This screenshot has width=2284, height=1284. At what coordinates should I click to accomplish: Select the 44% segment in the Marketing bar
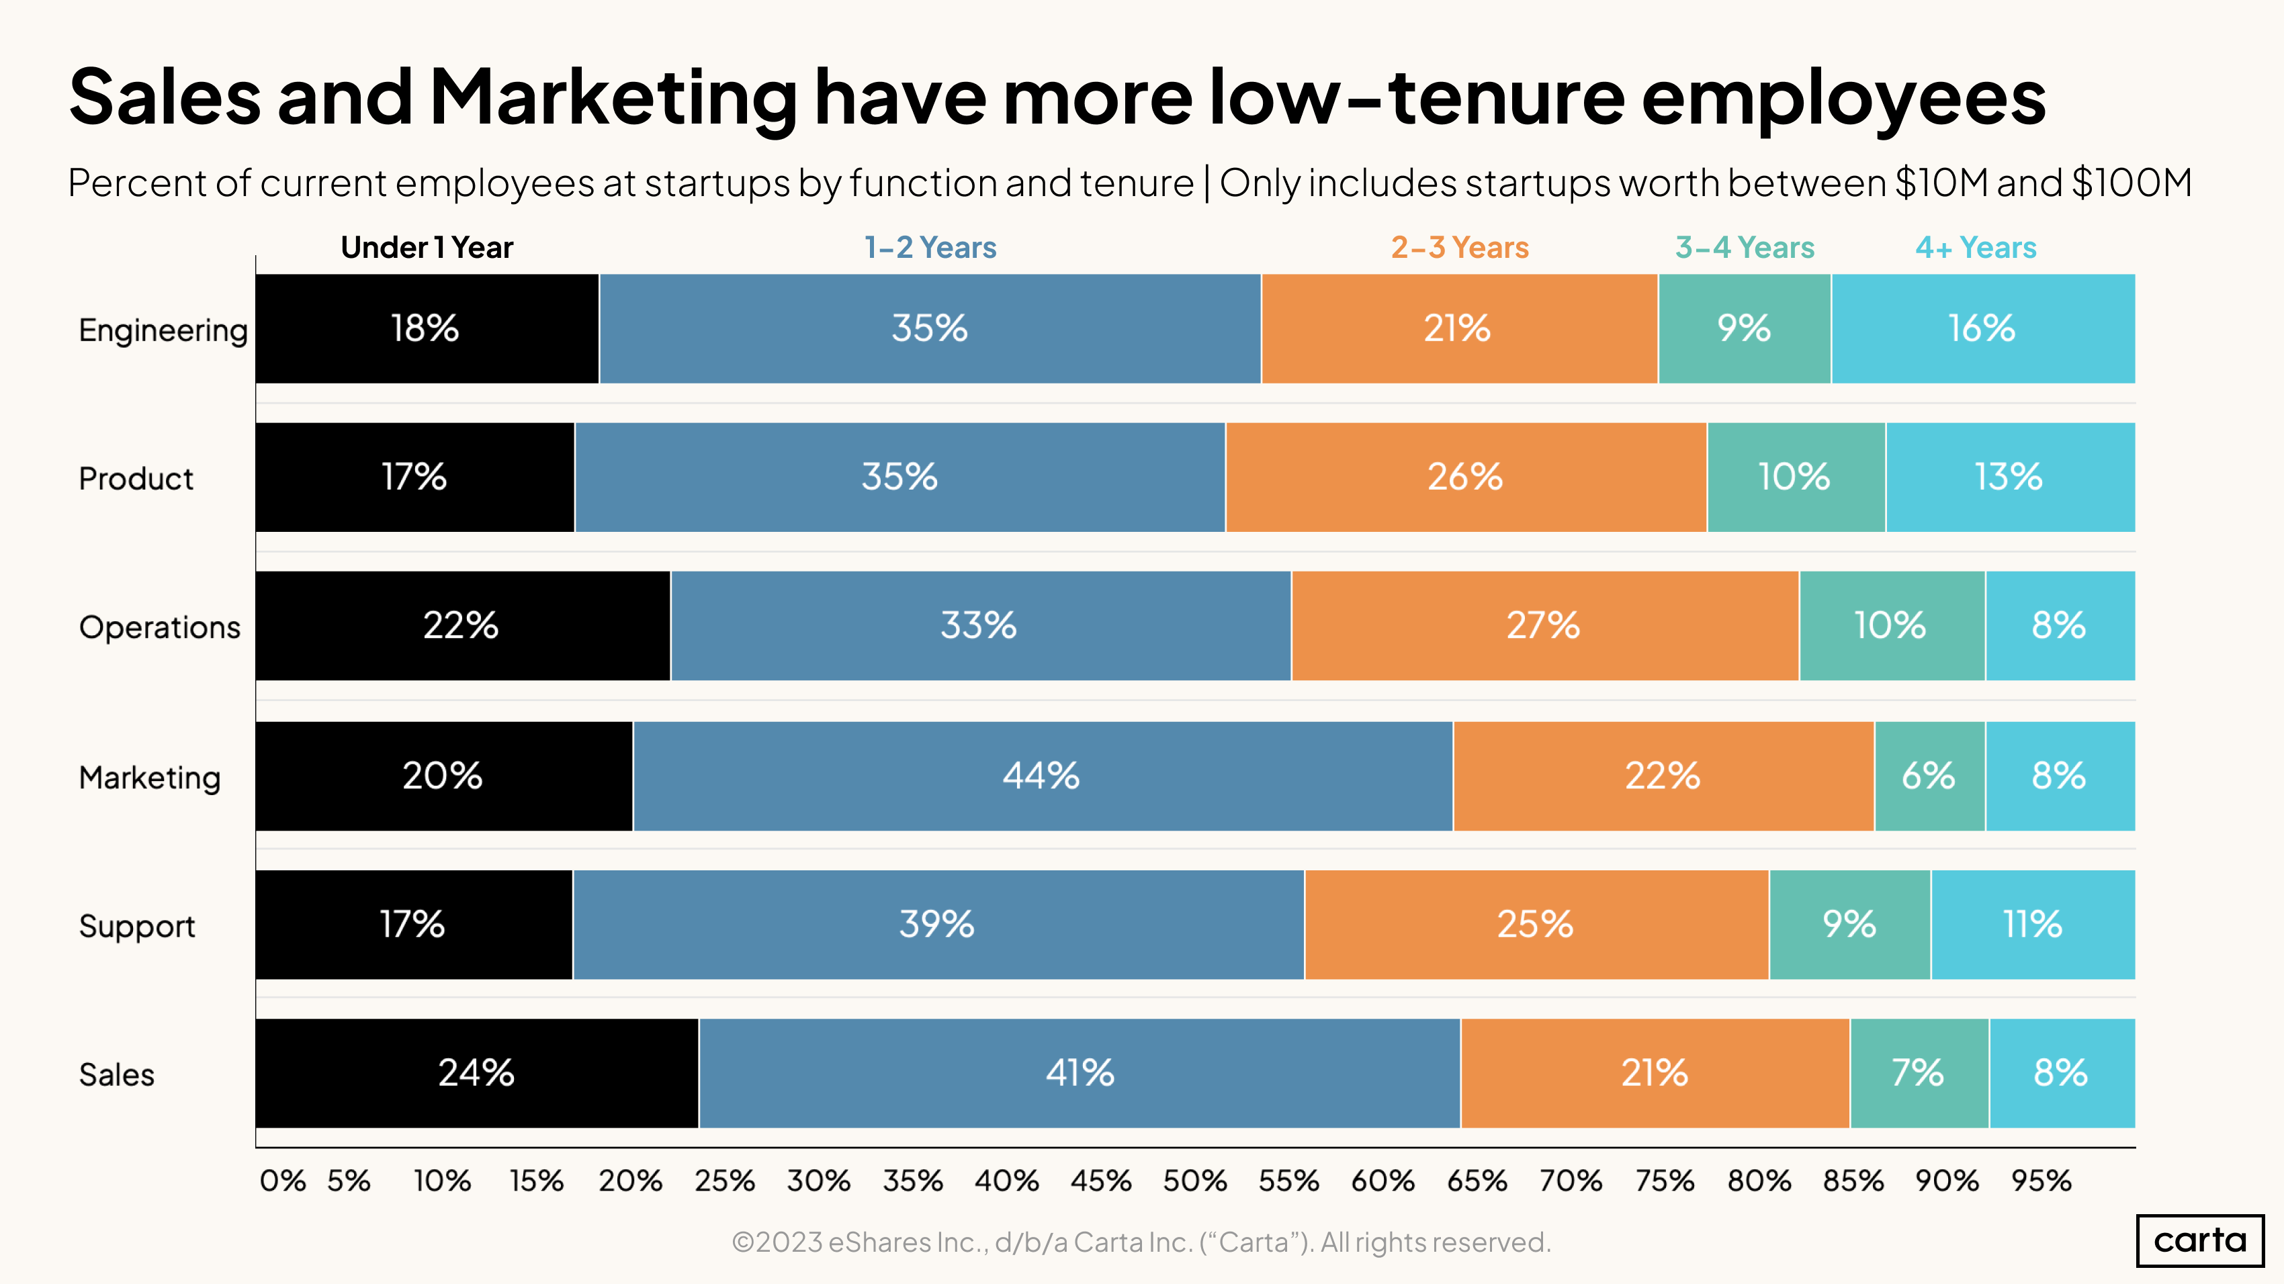pos(1043,776)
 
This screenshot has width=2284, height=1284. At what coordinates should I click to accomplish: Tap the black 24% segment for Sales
pos(477,1073)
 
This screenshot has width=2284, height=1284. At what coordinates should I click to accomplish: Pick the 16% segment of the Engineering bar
pos(1982,329)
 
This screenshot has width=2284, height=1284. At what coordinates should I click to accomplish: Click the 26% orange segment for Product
pos(1466,477)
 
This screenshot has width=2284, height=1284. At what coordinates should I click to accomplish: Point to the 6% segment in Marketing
pos(1929,776)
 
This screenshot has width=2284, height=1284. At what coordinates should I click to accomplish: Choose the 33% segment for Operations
pos(979,627)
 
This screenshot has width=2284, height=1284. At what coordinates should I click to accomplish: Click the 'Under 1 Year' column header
pos(427,247)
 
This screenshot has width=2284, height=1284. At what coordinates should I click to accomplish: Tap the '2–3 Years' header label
pos(1460,247)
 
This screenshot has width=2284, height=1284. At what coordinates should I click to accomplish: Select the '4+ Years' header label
pos(1976,247)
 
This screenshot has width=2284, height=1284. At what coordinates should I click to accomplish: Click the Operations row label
pos(160,627)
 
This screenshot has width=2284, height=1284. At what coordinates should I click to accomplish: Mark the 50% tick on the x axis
pos(1194,1181)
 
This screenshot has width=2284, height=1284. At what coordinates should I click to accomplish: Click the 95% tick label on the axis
pos(2041,1181)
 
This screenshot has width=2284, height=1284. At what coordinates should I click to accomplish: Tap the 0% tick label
pos(282,1181)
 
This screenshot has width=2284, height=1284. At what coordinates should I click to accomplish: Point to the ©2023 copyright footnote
pos(1141,1242)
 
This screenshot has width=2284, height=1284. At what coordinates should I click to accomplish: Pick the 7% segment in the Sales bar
pos(1919,1073)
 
